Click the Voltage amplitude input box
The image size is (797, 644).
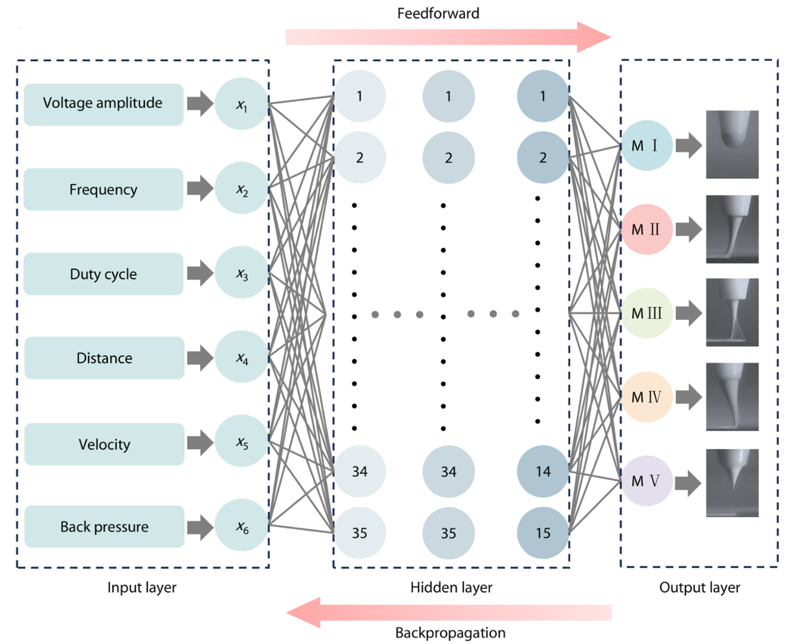(x=104, y=104)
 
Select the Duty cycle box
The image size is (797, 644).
(x=104, y=274)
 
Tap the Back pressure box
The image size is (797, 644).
(x=104, y=527)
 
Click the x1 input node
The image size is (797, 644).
(x=242, y=104)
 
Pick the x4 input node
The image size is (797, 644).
(x=242, y=356)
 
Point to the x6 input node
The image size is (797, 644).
(x=242, y=525)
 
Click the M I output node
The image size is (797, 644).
(x=646, y=145)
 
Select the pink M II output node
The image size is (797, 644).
(x=646, y=229)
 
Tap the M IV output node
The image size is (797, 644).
(x=646, y=397)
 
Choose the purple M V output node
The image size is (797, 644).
(x=646, y=480)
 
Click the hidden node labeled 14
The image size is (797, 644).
(x=543, y=471)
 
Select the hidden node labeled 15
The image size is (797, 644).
(x=543, y=533)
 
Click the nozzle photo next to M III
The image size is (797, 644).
(x=732, y=312)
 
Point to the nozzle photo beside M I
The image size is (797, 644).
(x=732, y=144)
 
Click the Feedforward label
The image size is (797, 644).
(x=438, y=13)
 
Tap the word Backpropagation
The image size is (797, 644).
(x=450, y=633)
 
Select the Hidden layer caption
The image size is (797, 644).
(x=451, y=588)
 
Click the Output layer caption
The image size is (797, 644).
(x=700, y=588)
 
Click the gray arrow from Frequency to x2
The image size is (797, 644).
(x=201, y=188)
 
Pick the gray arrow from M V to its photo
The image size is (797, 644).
(x=689, y=483)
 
